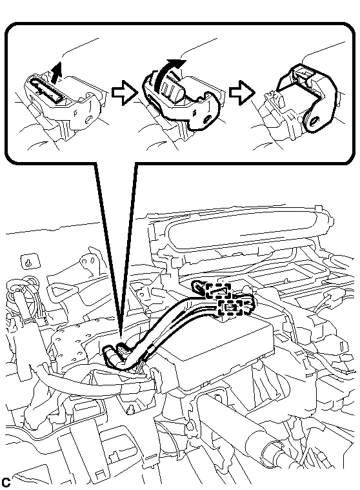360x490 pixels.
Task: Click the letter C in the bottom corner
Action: click(6, 482)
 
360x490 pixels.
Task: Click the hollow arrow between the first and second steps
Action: click(125, 92)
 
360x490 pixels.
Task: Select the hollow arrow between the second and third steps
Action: click(242, 92)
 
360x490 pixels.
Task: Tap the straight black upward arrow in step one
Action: click(56, 72)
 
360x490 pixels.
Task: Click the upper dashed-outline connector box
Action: click(218, 291)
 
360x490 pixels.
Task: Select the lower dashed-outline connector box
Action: click(230, 307)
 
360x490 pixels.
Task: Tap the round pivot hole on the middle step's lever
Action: click(206, 119)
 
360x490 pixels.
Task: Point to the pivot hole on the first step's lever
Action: click(89, 119)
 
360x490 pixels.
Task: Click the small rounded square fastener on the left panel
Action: click(30, 262)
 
